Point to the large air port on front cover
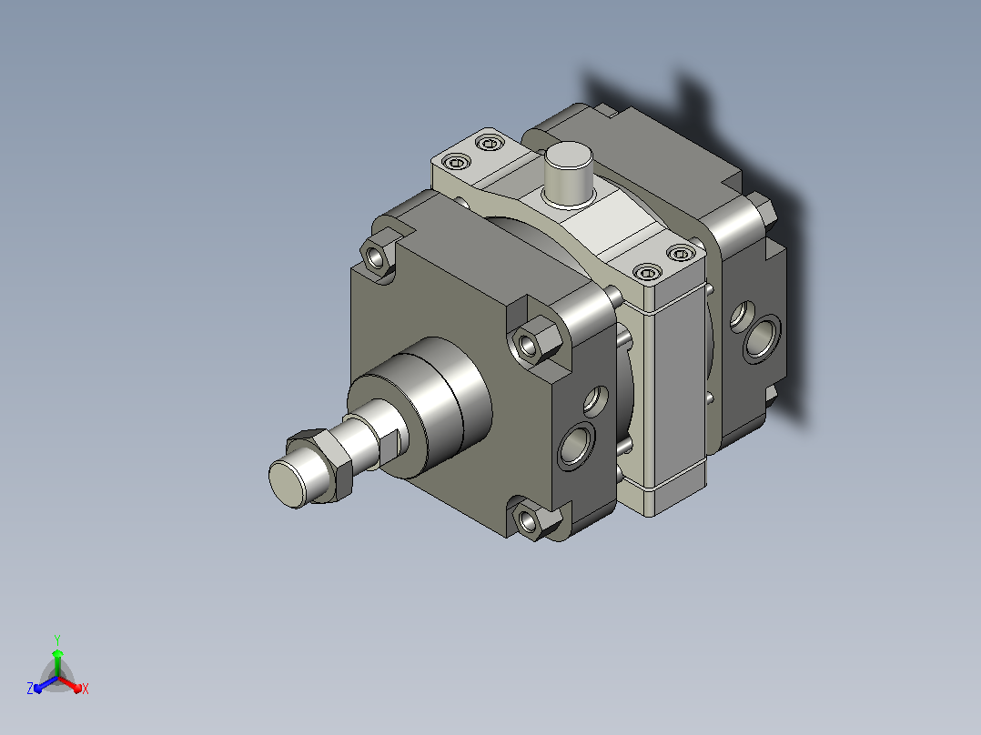577,445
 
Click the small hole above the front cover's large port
595,401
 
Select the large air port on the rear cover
762,337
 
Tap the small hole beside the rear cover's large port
742,315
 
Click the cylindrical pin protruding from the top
568,173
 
